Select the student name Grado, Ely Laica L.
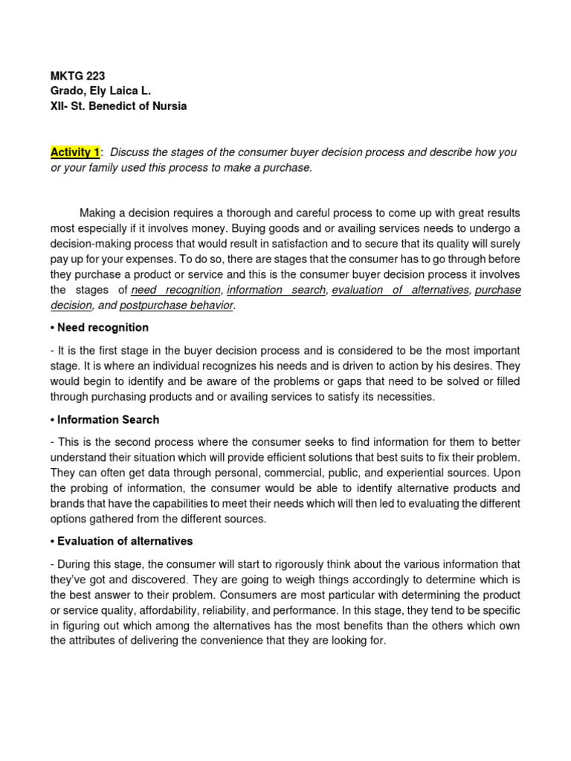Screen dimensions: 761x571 pos(100,91)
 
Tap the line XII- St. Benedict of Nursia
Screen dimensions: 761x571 pos(118,106)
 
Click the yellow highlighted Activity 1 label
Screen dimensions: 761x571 pos(74,152)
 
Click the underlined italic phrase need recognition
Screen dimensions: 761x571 pos(175,290)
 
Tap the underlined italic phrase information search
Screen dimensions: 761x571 pos(277,290)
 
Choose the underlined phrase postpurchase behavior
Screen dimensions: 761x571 pos(176,305)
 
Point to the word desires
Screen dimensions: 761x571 pos(471,366)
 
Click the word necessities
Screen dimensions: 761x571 pos(407,397)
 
